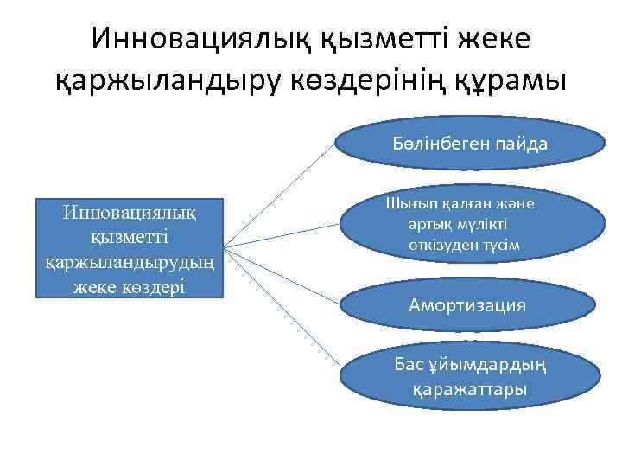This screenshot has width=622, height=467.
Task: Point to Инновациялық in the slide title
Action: [200, 37]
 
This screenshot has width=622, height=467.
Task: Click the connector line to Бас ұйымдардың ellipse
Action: [281, 307]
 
